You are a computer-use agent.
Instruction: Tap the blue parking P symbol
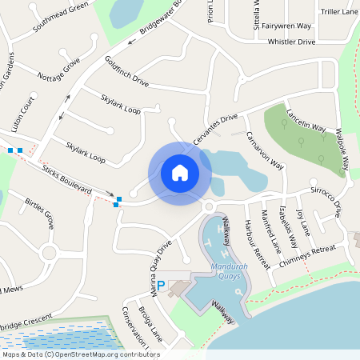pyautogui.click(x=160, y=286)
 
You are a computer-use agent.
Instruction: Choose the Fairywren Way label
pyautogui.click(x=286, y=26)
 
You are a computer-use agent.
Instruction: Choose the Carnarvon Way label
pyautogui.click(x=266, y=150)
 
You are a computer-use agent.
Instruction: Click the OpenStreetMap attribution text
pyautogui.click(x=81, y=354)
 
